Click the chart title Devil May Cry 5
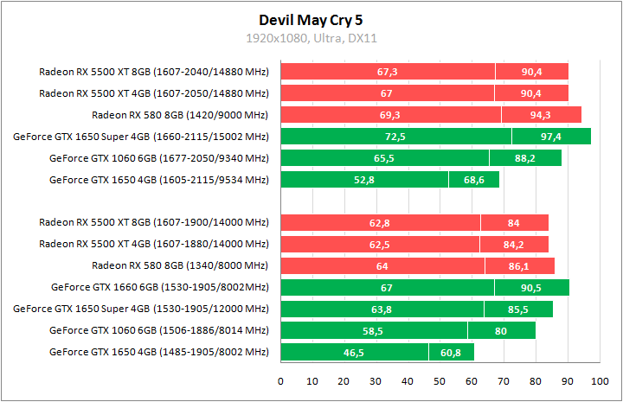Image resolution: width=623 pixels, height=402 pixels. pyautogui.click(x=311, y=19)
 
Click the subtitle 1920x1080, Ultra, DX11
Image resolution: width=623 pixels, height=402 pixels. pyautogui.click(x=311, y=39)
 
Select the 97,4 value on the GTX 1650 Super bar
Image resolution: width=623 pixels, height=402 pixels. pyautogui.click(x=551, y=137)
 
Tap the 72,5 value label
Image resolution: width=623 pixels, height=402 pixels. pyautogui.click(x=395, y=137)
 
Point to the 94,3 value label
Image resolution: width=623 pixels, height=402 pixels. pyautogui.click(x=541, y=115)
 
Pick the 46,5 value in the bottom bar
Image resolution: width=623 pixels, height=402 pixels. pyautogui.click(x=354, y=352)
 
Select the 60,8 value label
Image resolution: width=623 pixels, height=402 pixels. pyautogui.click(x=451, y=352)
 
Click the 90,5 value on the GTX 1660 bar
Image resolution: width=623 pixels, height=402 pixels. pyautogui.click(x=531, y=288)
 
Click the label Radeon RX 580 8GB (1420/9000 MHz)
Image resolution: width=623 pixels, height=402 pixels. pyautogui.click(x=180, y=115)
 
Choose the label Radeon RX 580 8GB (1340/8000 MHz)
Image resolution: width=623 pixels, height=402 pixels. pyautogui.click(x=180, y=265)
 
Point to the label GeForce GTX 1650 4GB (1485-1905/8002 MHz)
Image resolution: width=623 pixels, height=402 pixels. pyautogui.click(x=159, y=352)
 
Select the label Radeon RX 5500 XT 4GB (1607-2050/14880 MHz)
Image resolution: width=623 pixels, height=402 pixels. pyautogui.click(x=154, y=93)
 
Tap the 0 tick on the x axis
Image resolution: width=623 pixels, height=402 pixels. pyautogui.click(x=280, y=380)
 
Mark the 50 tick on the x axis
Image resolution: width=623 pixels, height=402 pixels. pyautogui.click(x=440, y=380)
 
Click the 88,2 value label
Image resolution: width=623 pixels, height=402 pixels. pyautogui.click(x=525, y=158)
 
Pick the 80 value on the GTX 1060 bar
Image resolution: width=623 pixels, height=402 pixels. pyautogui.click(x=501, y=330)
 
